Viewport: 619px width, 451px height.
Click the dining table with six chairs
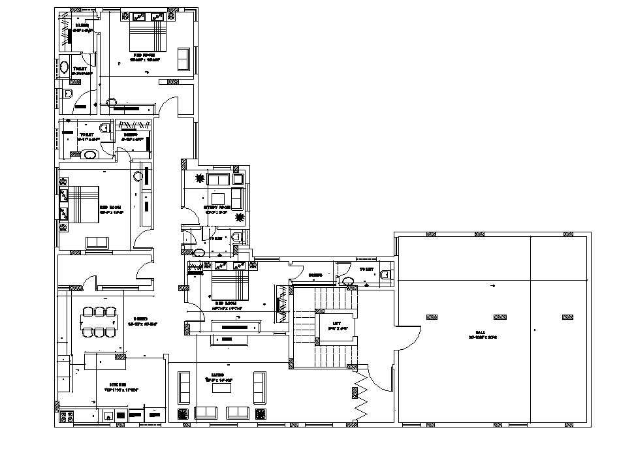coord(98,321)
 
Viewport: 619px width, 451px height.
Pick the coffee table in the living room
coord(223,388)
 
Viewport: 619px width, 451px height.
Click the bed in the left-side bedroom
coord(80,204)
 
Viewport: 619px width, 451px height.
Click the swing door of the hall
coord(406,339)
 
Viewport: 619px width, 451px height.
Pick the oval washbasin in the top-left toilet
coord(65,67)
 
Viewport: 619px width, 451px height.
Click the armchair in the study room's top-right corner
coord(238,178)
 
